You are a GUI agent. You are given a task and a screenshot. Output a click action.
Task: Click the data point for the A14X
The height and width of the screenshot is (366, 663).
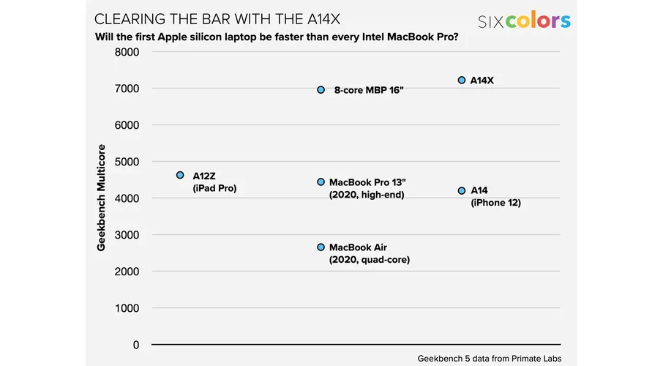click(462, 81)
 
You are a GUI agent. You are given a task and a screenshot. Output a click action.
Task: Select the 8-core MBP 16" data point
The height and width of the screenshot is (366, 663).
click(321, 90)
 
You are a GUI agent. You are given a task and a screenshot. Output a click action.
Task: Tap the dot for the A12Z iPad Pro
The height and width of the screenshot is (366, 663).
click(180, 175)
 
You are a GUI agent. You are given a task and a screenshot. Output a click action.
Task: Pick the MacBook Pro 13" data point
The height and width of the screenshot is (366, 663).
click(321, 182)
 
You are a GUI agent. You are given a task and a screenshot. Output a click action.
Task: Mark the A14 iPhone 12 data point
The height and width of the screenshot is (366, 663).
click(462, 191)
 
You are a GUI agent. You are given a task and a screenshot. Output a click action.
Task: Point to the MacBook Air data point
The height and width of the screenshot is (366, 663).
click(321, 247)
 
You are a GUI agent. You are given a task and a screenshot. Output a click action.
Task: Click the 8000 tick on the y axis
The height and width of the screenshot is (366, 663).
click(126, 52)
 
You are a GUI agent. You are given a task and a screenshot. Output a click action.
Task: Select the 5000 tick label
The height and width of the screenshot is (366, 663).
click(126, 162)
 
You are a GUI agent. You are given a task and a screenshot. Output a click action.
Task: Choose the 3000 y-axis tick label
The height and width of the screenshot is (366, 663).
click(126, 235)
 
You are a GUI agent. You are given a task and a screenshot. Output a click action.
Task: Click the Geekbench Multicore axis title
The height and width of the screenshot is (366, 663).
click(102, 198)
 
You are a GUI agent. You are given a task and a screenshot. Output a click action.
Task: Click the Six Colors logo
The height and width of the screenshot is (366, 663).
click(524, 20)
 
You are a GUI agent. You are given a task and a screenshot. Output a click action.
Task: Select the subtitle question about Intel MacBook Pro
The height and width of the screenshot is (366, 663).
click(277, 37)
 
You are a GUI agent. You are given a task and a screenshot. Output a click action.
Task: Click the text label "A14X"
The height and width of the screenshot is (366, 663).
click(482, 81)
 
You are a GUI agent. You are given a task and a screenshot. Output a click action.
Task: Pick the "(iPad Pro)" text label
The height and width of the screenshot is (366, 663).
click(214, 188)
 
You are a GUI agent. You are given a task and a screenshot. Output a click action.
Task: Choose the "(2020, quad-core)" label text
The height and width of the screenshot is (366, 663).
click(370, 260)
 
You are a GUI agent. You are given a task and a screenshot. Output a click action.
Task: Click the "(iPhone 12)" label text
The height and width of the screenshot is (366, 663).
click(495, 203)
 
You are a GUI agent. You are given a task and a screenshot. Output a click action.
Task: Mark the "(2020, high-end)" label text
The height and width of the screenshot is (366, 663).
click(367, 195)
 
